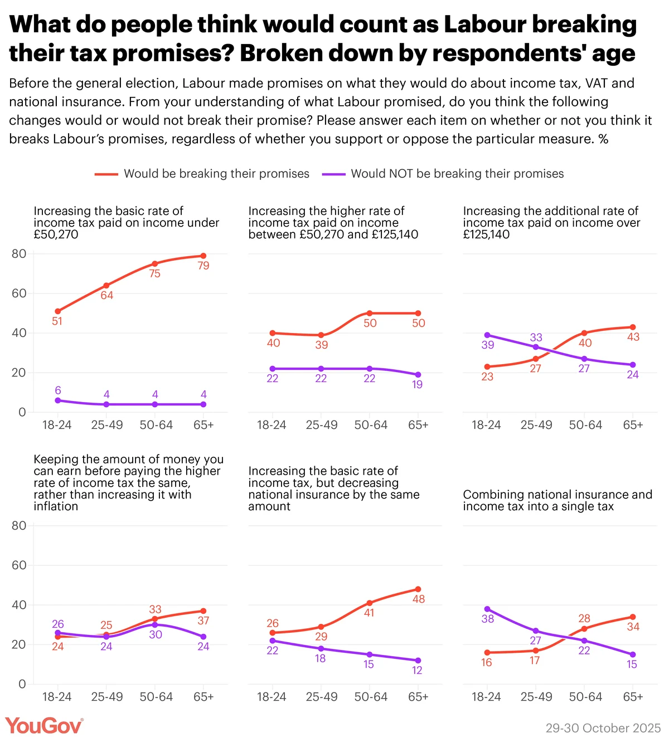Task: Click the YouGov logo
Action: [44, 726]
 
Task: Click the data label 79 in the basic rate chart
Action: [203, 266]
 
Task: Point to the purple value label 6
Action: [58, 390]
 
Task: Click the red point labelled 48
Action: [418, 589]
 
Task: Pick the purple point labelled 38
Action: [487, 609]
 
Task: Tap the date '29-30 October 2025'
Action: [603, 728]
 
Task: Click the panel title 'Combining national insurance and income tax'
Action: [557, 500]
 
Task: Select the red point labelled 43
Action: [633, 327]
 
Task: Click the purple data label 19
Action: [418, 384]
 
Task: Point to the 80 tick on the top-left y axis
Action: [19, 253]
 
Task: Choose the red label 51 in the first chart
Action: [57, 321]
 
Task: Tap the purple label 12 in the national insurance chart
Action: [417, 670]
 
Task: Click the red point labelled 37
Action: [203, 611]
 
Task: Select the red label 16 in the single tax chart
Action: [487, 662]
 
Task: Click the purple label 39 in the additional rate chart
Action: [488, 345]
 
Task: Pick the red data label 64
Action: [106, 295]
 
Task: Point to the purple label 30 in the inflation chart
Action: [156, 634]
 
